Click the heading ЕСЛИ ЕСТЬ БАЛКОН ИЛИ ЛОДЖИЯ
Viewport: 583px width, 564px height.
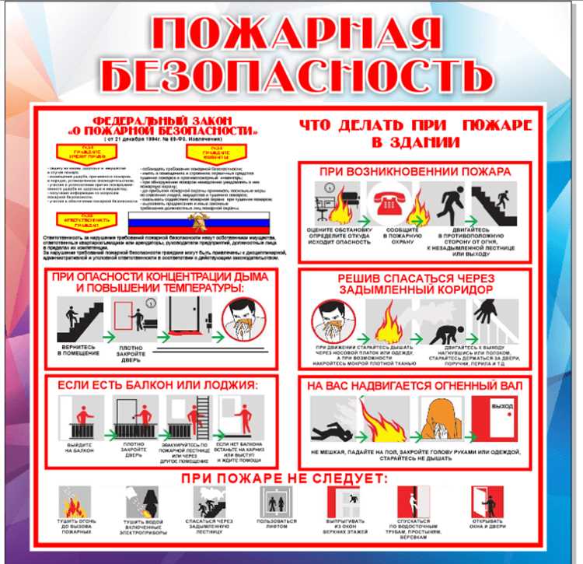coord(152,386)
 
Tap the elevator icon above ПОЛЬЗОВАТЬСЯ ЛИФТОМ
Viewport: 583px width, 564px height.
coord(277,502)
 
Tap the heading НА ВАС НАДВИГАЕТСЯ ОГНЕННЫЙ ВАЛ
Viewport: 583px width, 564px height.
coord(414,386)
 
